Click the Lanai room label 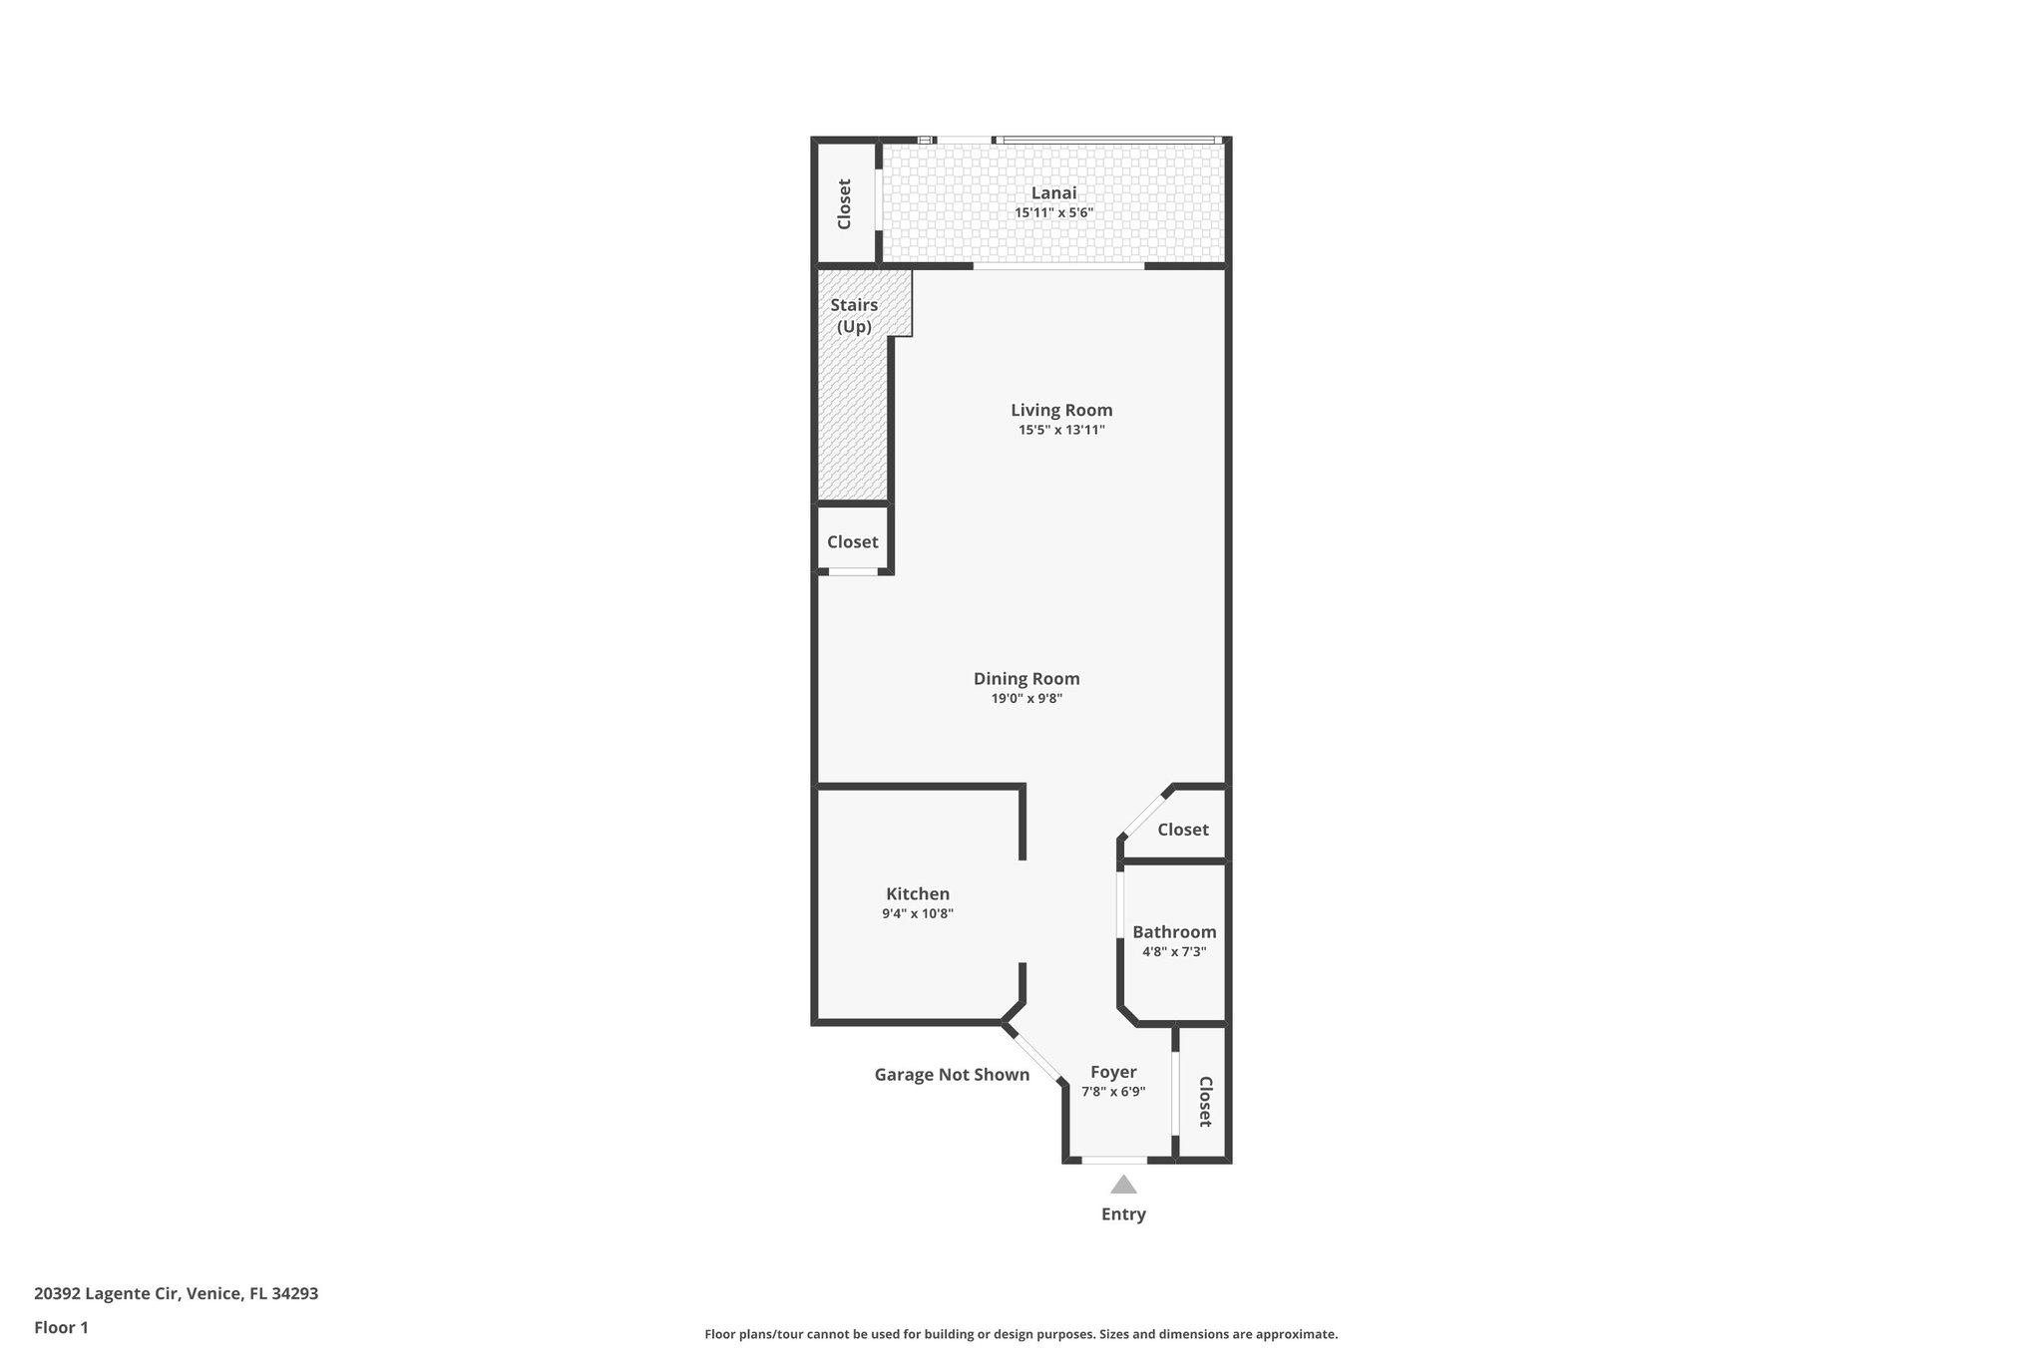(x=1053, y=193)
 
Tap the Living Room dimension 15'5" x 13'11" (x=1060, y=430)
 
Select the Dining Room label (x=1026, y=679)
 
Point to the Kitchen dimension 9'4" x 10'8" (x=918, y=913)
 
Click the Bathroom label (x=1174, y=932)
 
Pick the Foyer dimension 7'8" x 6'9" (x=1113, y=1091)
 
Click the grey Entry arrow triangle (x=1123, y=1185)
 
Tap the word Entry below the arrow (x=1123, y=1214)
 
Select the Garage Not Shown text (x=952, y=1075)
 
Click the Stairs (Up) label (x=854, y=315)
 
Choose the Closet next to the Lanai (x=844, y=203)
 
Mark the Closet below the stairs (x=852, y=541)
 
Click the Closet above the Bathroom (x=1182, y=830)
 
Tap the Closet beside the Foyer (x=1204, y=1101)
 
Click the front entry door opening (x=1114, y=1160)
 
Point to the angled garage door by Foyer (x=1035, y=1058)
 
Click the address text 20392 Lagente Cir (x=176, y=1294)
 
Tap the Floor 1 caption (x=61, y=1327)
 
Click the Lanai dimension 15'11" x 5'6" (x=1053, y=212)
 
